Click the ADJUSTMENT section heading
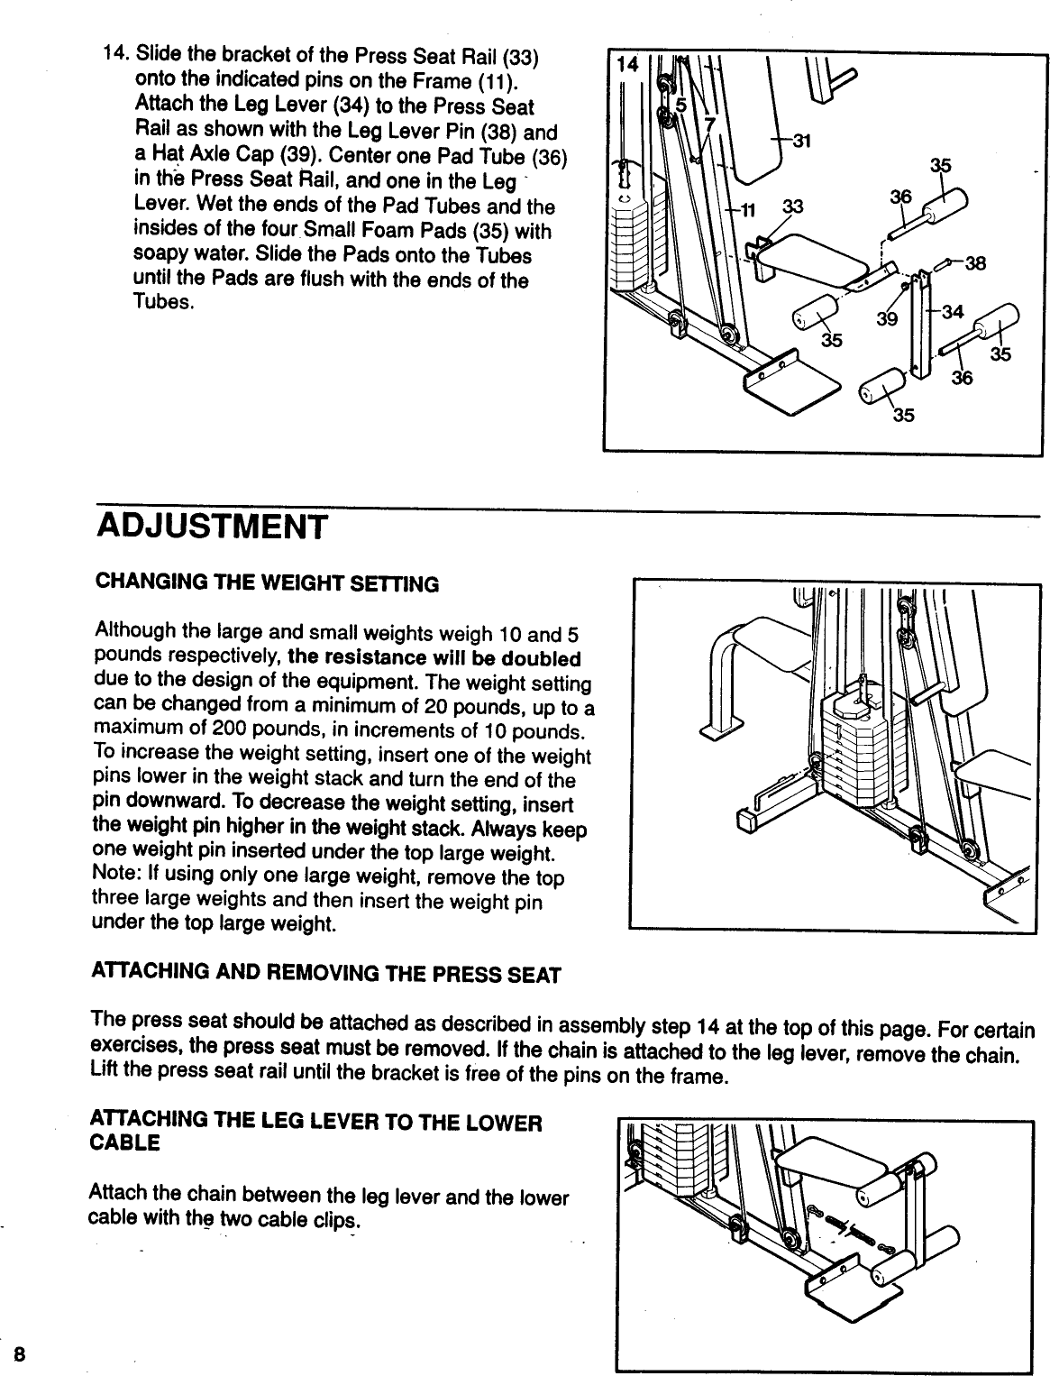210,526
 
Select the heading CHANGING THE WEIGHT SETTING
267,584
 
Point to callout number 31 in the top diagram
801,140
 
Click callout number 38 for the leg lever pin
974,264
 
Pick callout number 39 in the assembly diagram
887,321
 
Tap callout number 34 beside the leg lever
952,312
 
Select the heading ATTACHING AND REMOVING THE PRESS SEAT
325,976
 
